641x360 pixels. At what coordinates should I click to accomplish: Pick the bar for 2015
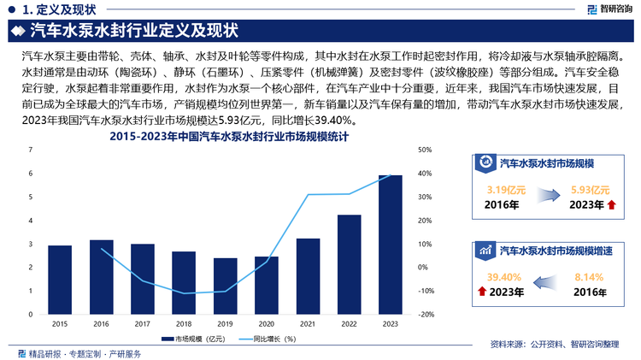pyautogui.click(x=60, y=280)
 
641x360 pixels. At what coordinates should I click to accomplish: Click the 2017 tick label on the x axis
pyautogui.click(x=143, y=323)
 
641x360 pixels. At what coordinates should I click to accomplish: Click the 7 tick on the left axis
pyautogui.click(x=31, y=150)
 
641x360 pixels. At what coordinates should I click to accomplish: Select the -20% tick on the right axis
pyautogui.click(x=424, y=314)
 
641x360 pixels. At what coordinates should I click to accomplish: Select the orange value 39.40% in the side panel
pyautogui.click(x=503, y=277)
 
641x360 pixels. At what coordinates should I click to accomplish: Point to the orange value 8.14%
pyautogui.click(x=589, y=277)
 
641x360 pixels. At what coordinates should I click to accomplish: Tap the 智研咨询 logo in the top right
pyautogui.click(x=608, y=9)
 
